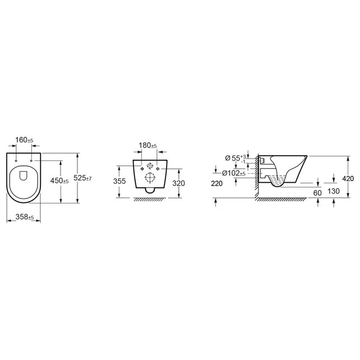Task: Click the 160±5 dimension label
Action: pyautogui.click(x=24, y=140)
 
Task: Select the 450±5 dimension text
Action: pyautogui.click(x=59, y=181)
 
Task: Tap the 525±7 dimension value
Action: pyautogui.click(x=82, y=178)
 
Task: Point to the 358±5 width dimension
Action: pyautogui.click(x=25, y=217)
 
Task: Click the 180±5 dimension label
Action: pyautogui.click(x=148, y=145)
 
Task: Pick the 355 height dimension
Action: pyautogui.click(x=119, y=181)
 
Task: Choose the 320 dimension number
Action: pyautogui.click(x=178, y=183)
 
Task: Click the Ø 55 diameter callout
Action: pyautogui.click(x=236, y=158)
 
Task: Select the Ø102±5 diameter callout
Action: pyautogui.click(x=234, y=173)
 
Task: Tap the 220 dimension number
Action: pyautogui.click(x=217, y=183)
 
